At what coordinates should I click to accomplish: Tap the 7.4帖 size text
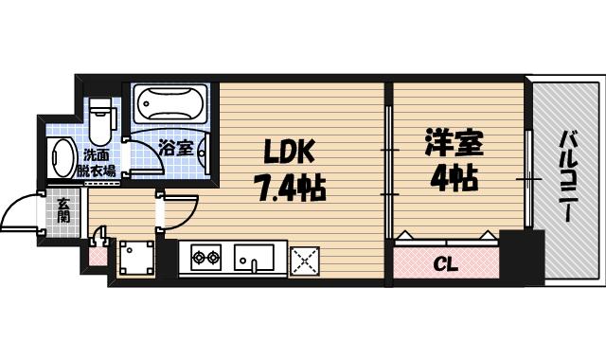click(289, 188)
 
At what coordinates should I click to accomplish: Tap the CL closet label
click(446, 263)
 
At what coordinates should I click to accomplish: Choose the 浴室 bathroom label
click(175, 149)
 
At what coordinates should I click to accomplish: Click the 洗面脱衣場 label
click(97, 163)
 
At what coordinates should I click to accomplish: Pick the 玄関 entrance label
click(62, 209)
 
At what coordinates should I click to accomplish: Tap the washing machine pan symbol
click(136, 258)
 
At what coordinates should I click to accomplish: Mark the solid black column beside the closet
click(522, 256)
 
